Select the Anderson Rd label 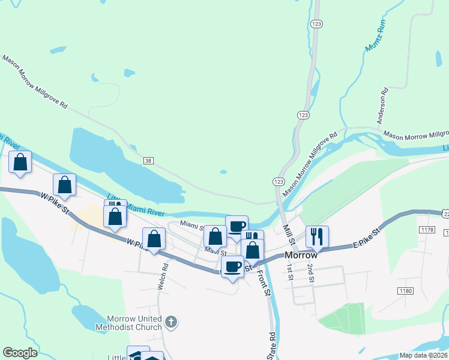(382, 107)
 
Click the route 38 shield (148, 160)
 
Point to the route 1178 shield (427, 230)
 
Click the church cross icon (171, 322)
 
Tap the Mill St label (288, 234)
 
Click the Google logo (20, 353)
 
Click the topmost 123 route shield (317, 23)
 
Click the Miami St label (191, 226)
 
